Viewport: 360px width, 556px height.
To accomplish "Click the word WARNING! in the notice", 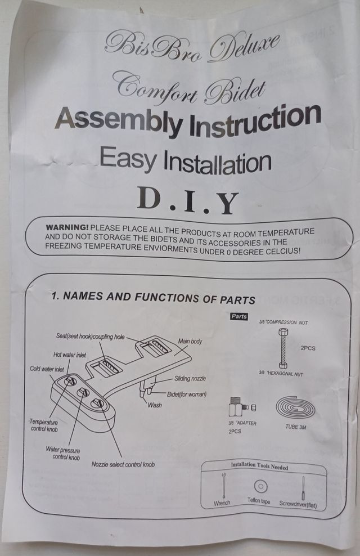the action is click(x=67, y=227).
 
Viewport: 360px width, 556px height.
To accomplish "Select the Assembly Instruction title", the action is click(x=188, y=120).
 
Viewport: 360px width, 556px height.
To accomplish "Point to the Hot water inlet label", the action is click(x=69, y=355).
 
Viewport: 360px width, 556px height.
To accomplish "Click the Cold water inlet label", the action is click(x=47, y=369).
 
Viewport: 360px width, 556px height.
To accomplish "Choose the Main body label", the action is click(x=190, y=341).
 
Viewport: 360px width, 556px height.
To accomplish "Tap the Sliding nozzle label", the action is click(x=190, y=378).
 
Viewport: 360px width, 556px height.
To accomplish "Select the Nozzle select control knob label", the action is click(x=123, y=464).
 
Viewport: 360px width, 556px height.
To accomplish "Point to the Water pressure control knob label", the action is click(x=63, y=454).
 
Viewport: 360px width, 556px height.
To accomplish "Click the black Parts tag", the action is click(x=239, y=316).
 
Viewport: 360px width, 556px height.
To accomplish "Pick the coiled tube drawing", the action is click(x=295, y=408).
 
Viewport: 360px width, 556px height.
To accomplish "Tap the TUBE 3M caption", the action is click(x=295, y=427).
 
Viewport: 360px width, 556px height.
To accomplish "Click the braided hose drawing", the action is click(x=283, y=348).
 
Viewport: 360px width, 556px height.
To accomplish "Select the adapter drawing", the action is click(x=242, y=407).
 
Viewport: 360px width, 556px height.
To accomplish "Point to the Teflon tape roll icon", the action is click(x=261, y=486).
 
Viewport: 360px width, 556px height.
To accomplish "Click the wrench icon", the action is click(x=223, y=485).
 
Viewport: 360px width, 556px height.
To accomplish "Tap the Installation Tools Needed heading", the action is click(x=259, y=466).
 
